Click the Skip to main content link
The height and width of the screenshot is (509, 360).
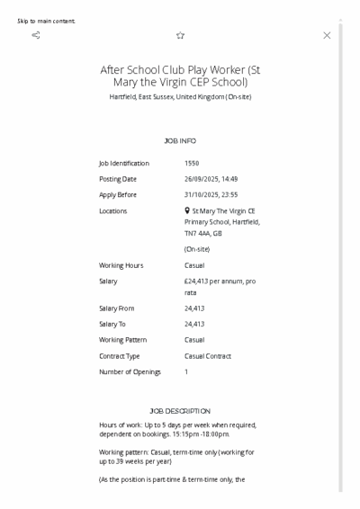46,21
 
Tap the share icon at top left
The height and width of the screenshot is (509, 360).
36,35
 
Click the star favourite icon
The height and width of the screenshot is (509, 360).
180,35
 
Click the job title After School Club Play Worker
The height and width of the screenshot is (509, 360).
180,76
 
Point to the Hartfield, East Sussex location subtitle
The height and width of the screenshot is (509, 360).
180,96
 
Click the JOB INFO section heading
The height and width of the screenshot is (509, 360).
180,141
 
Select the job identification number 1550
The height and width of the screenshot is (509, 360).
192,164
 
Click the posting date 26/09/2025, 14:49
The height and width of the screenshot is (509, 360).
211,179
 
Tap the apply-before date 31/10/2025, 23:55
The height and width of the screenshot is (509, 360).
211,194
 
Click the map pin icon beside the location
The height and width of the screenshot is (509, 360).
186,210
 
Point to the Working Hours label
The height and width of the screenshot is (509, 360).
121,265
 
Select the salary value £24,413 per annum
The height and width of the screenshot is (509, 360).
220,281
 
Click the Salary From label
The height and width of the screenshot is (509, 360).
117,308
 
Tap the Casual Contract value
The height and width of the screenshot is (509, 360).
208,356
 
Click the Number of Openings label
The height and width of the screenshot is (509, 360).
130,371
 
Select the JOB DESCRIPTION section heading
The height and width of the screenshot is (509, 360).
180,411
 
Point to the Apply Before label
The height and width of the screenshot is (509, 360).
118,194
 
